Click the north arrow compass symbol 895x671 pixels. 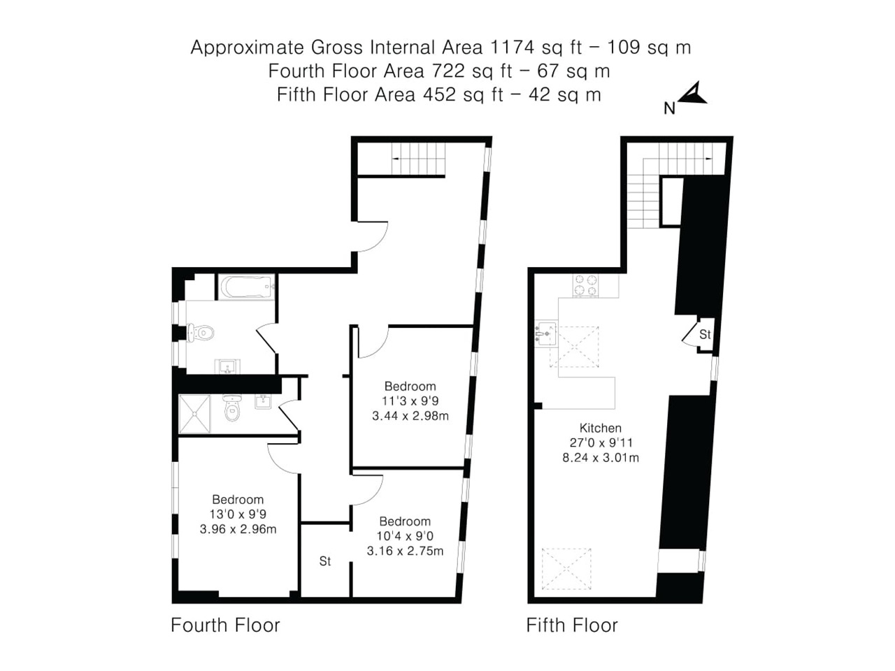692,95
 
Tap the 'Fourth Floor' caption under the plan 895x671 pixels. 225,625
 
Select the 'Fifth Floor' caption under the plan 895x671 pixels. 572,625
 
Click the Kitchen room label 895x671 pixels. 600,428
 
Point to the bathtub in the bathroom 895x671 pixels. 245,287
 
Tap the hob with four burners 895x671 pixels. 586,285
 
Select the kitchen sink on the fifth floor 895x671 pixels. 546,333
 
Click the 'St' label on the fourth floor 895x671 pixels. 324,561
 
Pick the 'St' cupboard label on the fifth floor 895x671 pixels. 705,335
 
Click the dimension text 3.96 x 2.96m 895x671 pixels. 238,529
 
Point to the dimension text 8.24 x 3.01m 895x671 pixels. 601,458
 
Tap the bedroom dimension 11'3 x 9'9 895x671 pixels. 410,401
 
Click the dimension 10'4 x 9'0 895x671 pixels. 405,536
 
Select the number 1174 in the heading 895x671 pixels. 513,48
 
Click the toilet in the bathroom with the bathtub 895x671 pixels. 201,332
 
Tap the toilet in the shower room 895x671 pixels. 231,410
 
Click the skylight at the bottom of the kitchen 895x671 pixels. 567,569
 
